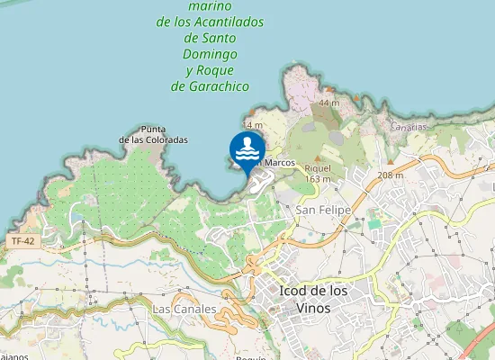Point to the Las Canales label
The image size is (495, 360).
click(x=184, y=309)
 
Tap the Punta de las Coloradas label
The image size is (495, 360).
click(x=154, y=135)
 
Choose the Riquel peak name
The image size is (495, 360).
click(x=319, y=168)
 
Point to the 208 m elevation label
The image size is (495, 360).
click(x=390, y=175)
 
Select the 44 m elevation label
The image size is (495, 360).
click(x=328, y=103)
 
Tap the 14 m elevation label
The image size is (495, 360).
click(x=252, y=125)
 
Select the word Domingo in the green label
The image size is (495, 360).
click(x=211, y=54)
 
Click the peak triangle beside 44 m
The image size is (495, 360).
click(x=312, y=103)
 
